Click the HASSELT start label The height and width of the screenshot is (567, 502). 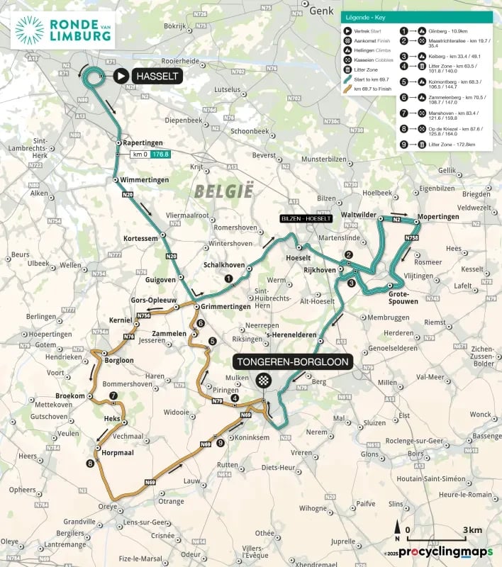[156, 75]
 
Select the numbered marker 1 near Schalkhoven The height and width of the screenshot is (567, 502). [228, 279]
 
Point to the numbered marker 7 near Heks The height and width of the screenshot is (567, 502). [113, 395]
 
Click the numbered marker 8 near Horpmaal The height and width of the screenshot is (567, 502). [89, 464]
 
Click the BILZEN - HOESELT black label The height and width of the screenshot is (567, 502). [305, 219]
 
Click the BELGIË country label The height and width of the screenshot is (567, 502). [223, 190]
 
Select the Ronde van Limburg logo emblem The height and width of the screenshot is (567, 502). [29, 30]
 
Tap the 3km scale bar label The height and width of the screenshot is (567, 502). [473, 530]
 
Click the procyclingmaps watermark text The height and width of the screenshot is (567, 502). [445, 551]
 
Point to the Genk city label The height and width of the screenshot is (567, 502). [321, 10]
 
